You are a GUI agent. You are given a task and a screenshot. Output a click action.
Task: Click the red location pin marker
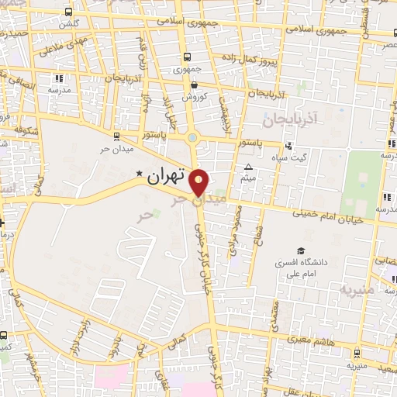(x=199, y=181)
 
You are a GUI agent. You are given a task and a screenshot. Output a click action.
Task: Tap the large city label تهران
(x=167, y=175)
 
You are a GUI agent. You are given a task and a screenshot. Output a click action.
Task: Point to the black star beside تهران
(x=140, y=174)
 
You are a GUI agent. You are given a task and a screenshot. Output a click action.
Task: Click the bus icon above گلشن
(x=70, y=12)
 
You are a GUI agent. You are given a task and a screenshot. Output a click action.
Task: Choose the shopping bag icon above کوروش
(x=193, y=85)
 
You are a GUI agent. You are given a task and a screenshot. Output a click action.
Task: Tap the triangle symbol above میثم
(x=248, y=167)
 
